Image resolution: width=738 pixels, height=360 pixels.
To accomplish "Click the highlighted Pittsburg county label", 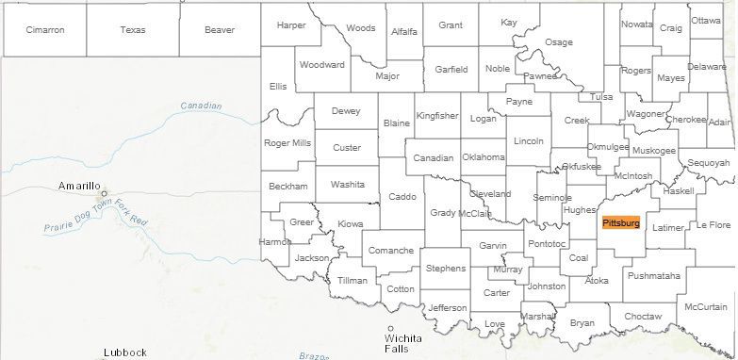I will [x=620, y=223].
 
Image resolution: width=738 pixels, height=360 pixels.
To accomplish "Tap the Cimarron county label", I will [x=45, y=29].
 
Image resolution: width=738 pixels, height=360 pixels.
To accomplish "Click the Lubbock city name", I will [x=125, y=352].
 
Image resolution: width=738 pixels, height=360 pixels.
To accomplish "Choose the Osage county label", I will [x=559, y=42].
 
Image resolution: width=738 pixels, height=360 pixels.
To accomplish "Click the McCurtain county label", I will [x=706, y=307].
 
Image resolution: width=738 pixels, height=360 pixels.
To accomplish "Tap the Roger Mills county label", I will [x=287, y=143].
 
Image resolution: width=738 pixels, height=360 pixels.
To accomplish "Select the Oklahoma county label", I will [x=484, y=157].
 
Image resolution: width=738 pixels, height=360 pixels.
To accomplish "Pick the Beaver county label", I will [x=220, y=29].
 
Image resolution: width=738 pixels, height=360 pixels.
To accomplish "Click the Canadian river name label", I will [x=200, y=106].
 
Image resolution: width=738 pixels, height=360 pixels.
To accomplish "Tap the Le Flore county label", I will [x=713, y=225].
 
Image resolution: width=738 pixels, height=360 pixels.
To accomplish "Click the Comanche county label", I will [x=390, y=251].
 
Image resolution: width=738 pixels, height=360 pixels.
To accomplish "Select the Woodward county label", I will [x=322, y=65].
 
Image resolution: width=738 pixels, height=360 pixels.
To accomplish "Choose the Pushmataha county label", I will [x=653, y=276].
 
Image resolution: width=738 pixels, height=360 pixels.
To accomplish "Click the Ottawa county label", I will [x=706, y=20].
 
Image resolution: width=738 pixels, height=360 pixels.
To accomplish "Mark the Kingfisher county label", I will [x=437, y=116].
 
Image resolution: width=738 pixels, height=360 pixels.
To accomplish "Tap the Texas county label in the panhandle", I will [x=133, y=29].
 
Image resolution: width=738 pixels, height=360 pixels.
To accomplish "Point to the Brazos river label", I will [x=314, y=356].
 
